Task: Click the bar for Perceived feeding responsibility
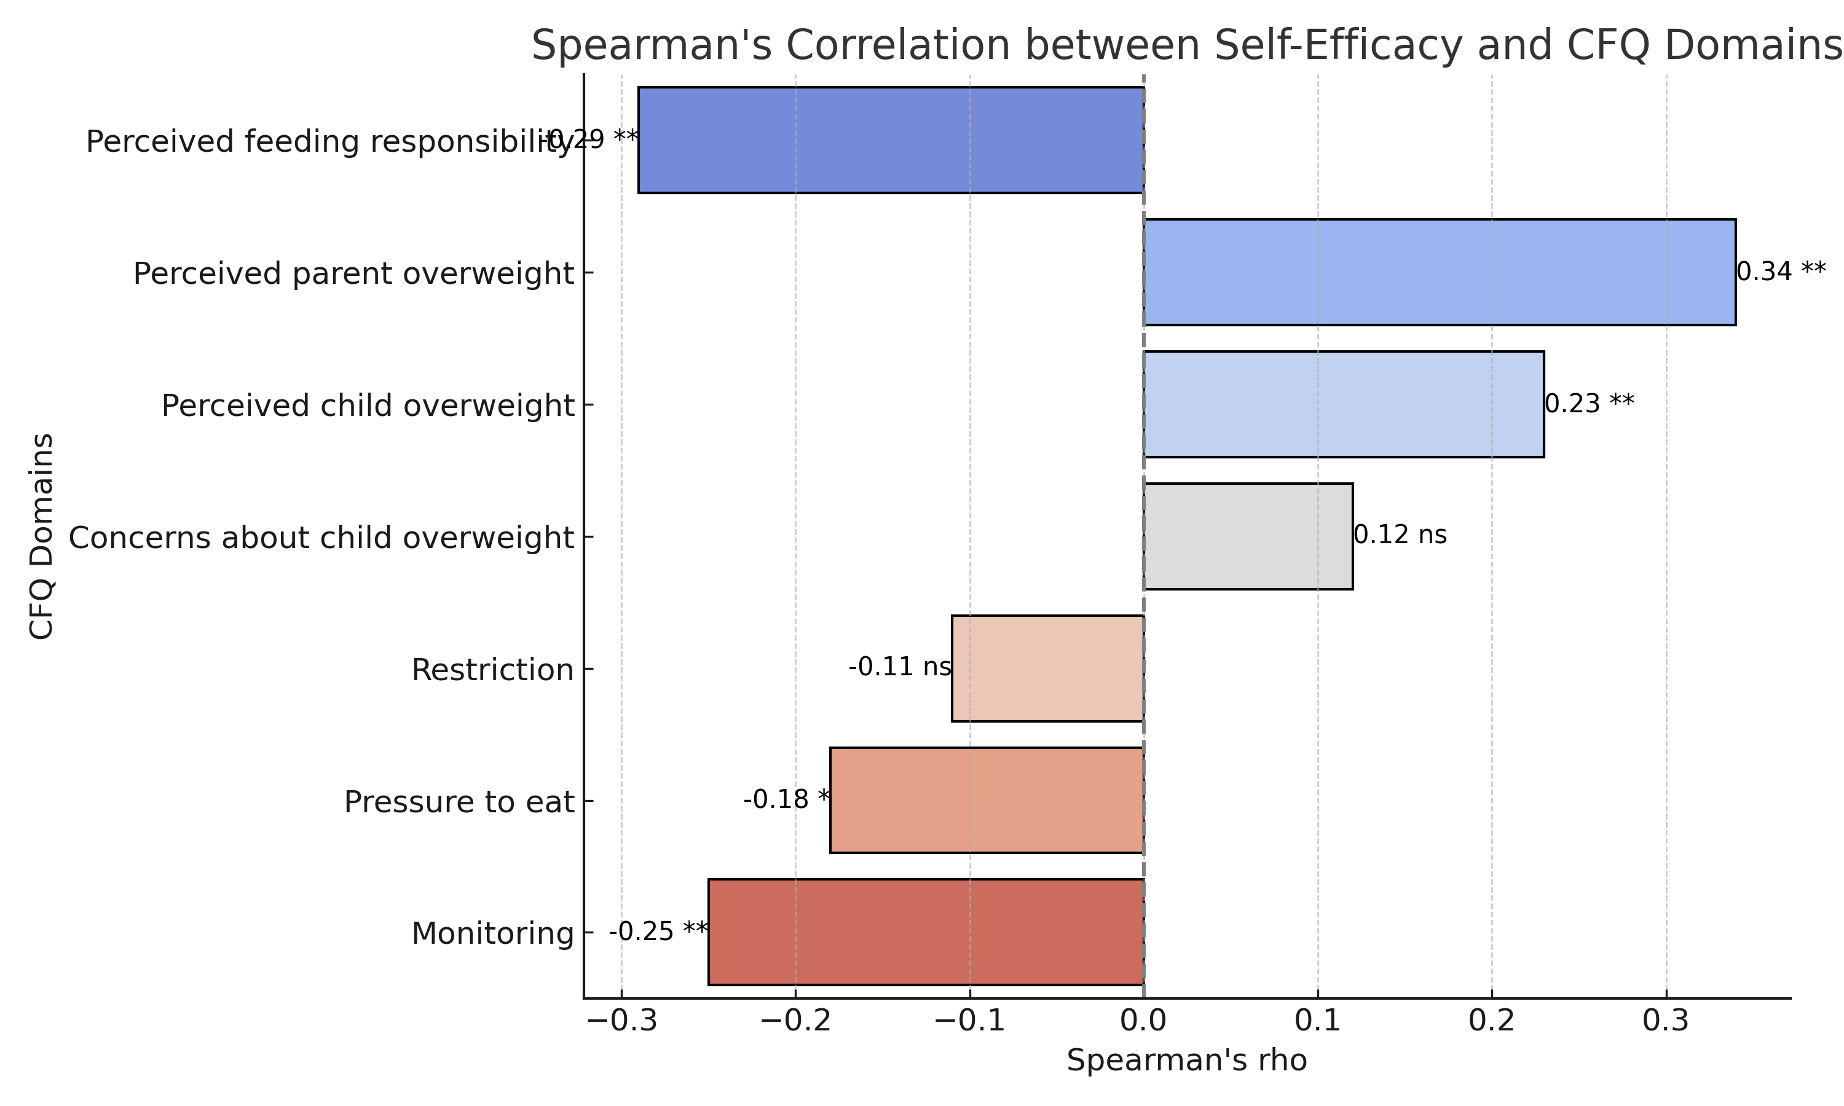click(891, 140)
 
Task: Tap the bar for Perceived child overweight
click(1344, 404)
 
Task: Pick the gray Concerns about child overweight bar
click(1248, 536)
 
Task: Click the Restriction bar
click(1047, 668)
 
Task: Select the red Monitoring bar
click(926, 931)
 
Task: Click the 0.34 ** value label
click(1781, 272)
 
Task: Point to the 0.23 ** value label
click(1589, 404)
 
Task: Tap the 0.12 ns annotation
click(1400, 535)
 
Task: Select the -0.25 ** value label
click(658, 931)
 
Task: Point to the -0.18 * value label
click(786, 799)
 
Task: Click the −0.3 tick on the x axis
click(621, 1022)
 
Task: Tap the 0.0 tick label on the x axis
click(1143, 1022)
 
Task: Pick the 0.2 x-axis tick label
click(1491, 1022)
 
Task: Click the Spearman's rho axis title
click(1186, 1061)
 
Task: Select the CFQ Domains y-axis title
click(42, 536)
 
